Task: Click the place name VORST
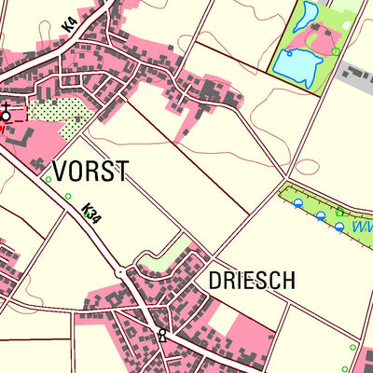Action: click(x=90, y=172)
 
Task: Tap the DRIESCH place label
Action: click(x=251, y=281)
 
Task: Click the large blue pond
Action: click(x=297, y=66)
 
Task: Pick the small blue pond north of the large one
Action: click(x=307, y=18)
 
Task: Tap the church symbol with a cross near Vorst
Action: click(x=7, y=115)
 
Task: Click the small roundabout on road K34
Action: click(x=120, y=272)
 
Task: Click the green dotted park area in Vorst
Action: click(x=59, y=112)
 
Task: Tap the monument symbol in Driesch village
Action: click(x=162, y=335)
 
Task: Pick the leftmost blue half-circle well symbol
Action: click(x=298, y=202)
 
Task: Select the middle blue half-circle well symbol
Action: click(x=321, y=215)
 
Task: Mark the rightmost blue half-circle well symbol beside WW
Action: click(x=339, y=227)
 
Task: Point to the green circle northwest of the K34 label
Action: click(x=68, y=196)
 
